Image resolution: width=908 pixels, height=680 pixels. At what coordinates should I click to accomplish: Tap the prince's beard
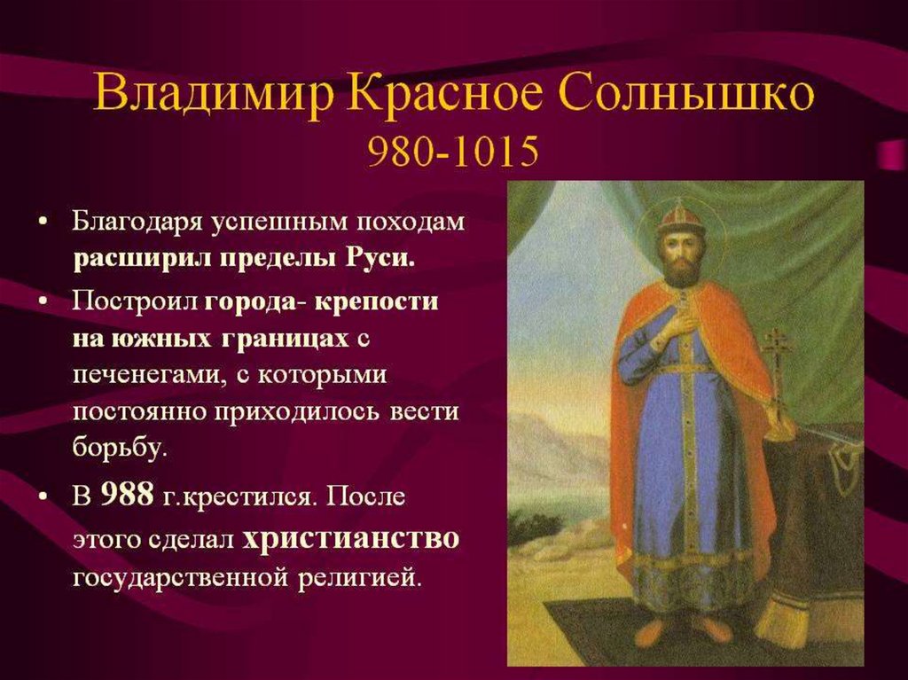tap(680, 270)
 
